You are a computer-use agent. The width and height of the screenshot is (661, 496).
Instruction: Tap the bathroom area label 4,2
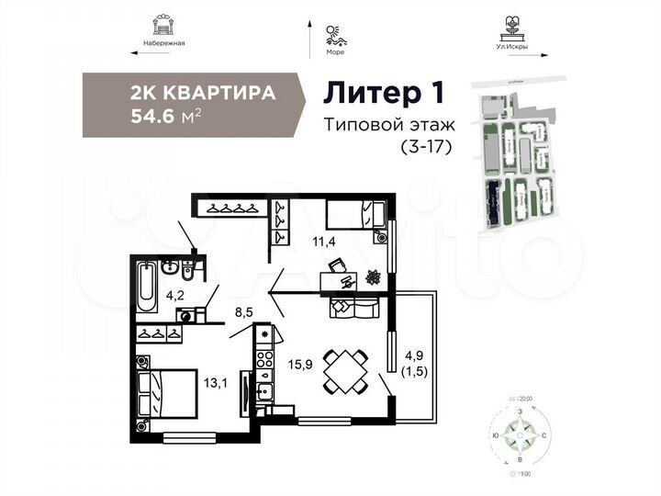click(x=175, y=296)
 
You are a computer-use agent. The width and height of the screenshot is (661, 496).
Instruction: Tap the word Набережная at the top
click(x=165, y=43)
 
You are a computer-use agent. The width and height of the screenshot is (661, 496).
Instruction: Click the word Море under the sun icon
click(x=334, y=52)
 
